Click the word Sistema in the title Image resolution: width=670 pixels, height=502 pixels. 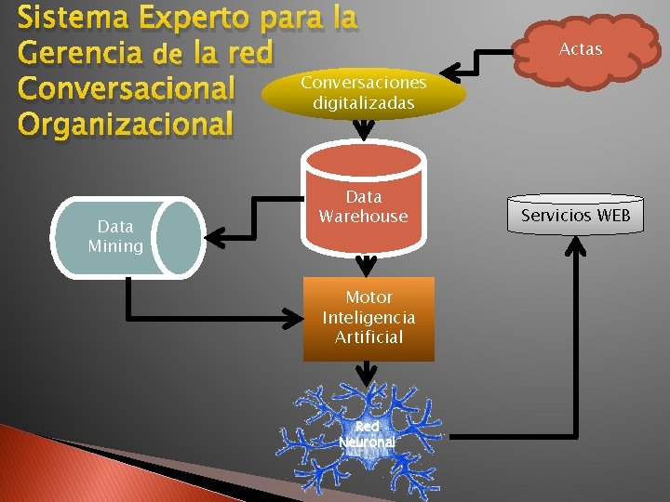click(71, 18)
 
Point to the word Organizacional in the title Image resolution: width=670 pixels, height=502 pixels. click(124, 123)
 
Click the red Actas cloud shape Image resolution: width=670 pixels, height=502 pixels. click(580, 50)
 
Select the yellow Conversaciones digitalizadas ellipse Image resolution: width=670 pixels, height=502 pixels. click(364, 93)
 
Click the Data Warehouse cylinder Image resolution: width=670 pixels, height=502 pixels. click(363, 206)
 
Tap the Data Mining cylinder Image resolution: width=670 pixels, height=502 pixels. click(126, 236)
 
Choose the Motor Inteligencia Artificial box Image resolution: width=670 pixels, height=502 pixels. click(368, 318)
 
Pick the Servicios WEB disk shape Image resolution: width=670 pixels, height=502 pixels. click(575, 216)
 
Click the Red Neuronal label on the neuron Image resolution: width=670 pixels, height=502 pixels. click(367, 434)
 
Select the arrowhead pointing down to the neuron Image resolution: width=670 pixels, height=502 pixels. click(368, 375)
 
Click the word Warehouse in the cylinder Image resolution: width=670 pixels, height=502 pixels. click(363, 217)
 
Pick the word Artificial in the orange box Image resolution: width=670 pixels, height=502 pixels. click(368, 337)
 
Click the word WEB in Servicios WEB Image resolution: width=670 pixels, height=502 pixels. click(612, 216)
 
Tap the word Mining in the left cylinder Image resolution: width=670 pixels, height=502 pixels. click(115, 246)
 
